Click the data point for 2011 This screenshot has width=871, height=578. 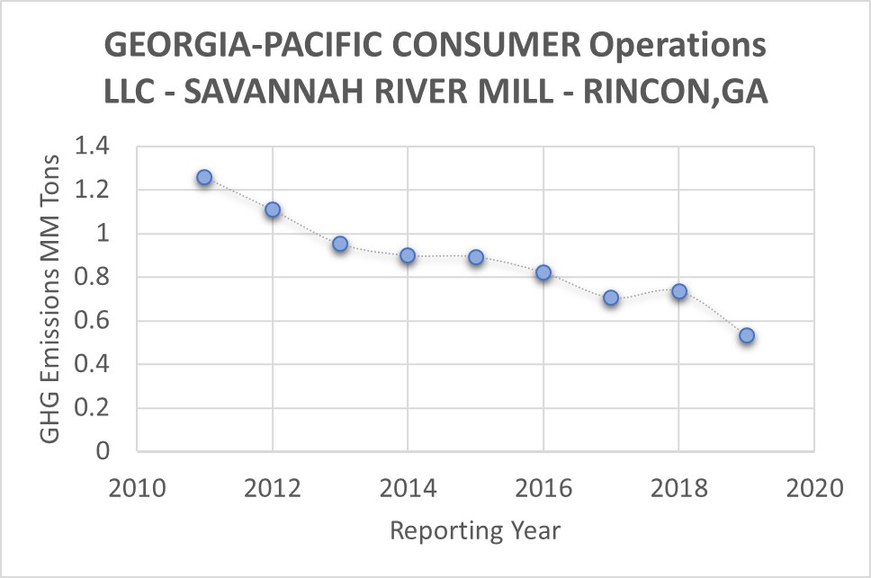pos(204,178)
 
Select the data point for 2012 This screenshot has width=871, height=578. pos(273,210)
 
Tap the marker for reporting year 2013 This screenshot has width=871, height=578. pos(340,244)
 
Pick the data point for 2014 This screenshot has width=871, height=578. pos(408,255)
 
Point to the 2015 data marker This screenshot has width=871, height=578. pos(476,257)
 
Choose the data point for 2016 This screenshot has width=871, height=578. pos(543,272)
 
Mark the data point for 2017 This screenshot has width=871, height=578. pos(611,298)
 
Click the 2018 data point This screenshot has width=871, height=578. pos(679,291)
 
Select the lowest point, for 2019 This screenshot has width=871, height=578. pos(747,335)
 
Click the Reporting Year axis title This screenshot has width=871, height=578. pos(475,530)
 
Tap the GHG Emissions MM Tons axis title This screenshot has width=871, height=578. pos(51,298)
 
